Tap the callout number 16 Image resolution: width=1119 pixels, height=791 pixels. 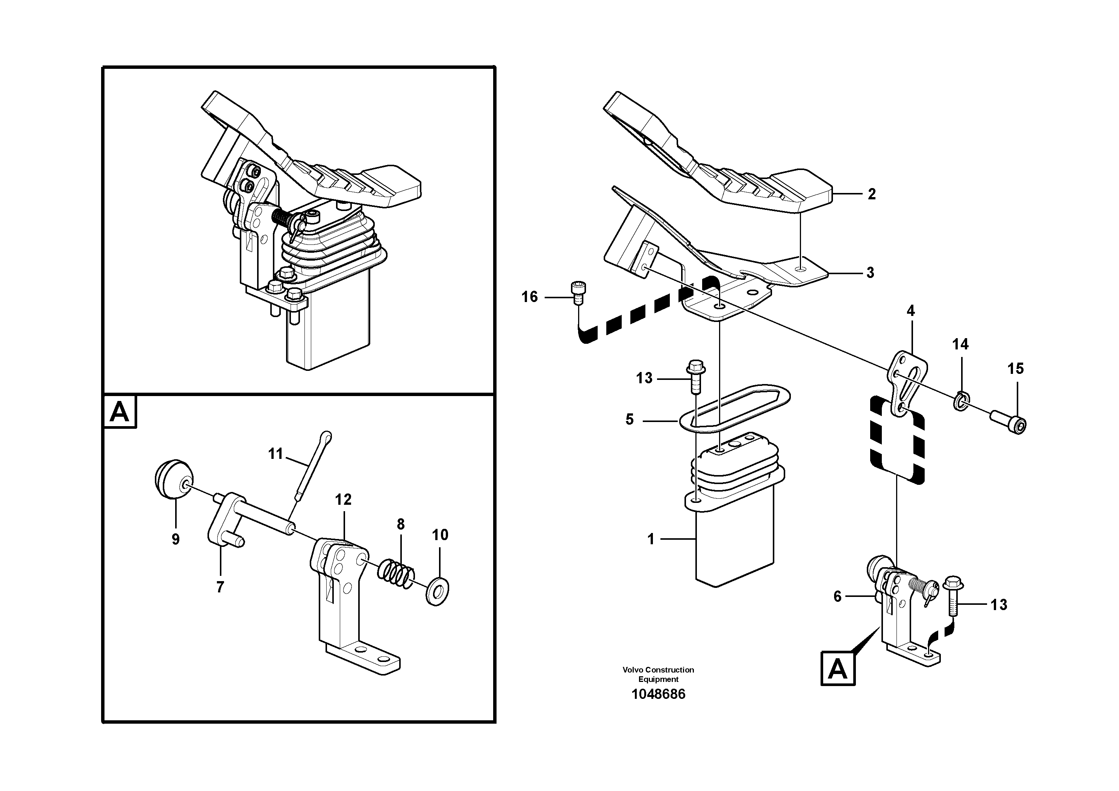pyautogui.click(x=529, y=296)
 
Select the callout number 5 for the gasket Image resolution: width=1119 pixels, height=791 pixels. pyautogui.click(x=630, y=419)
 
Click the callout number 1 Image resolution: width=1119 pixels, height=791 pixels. pyautogui.click(x=651, y=539)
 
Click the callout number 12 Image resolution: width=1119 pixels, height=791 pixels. pyautogui.click(x=343, y=499)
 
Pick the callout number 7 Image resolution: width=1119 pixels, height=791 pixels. pyautogui.click(x=220, y=588)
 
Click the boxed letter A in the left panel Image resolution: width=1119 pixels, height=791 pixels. pyautogui.click(x=120, y=412)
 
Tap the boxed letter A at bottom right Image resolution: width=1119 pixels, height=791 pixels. pyautogui.click(x=838, y=669)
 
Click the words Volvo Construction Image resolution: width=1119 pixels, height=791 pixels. pyautogui.click(x=658, y=670)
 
